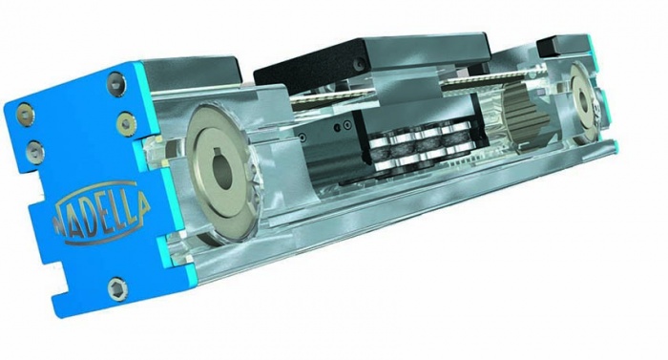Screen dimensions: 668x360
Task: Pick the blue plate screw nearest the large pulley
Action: tap(125, 123)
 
